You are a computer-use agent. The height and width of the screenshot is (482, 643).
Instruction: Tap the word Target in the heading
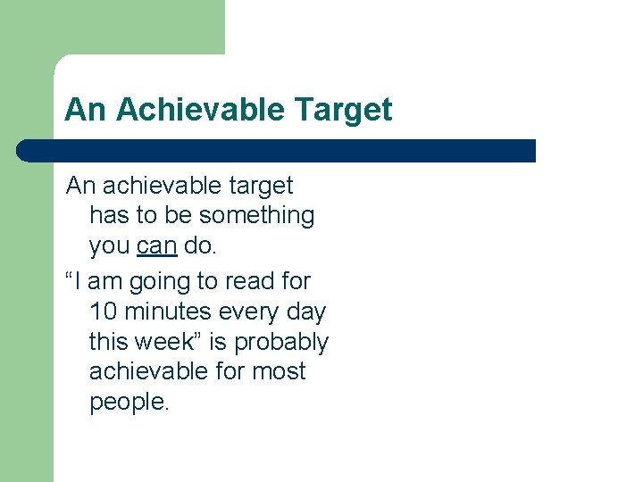coord(342,110)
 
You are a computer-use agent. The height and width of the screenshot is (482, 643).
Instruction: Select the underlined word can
coord(157,245)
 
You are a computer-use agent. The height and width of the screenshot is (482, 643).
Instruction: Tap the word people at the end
coord(127,403)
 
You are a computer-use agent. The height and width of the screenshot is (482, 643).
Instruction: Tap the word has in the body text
coord(110,216)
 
